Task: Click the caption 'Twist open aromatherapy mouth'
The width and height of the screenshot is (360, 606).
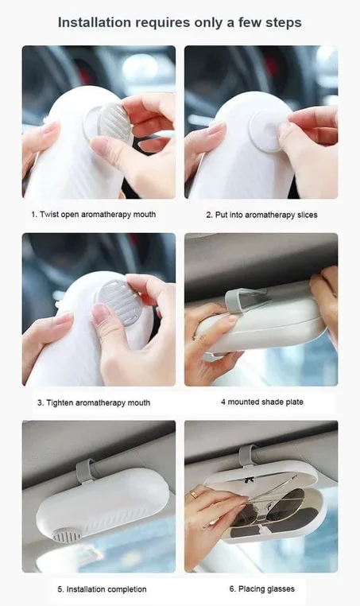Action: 98,215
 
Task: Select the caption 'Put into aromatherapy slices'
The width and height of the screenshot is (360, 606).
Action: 266,215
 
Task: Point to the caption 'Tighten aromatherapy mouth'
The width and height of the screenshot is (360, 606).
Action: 98,402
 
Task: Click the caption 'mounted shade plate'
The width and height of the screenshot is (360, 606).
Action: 265,402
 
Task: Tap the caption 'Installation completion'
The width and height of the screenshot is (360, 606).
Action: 106,589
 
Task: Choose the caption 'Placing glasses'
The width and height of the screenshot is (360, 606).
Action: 266,589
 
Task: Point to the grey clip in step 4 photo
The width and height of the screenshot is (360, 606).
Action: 246,301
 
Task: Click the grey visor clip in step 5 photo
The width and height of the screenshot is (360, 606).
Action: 87,471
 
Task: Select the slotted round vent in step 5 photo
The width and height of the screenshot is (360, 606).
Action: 67,535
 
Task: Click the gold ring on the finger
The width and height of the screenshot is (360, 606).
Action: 193,494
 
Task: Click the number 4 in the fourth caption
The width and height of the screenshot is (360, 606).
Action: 223,402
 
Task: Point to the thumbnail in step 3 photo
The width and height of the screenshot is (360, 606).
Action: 100,313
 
